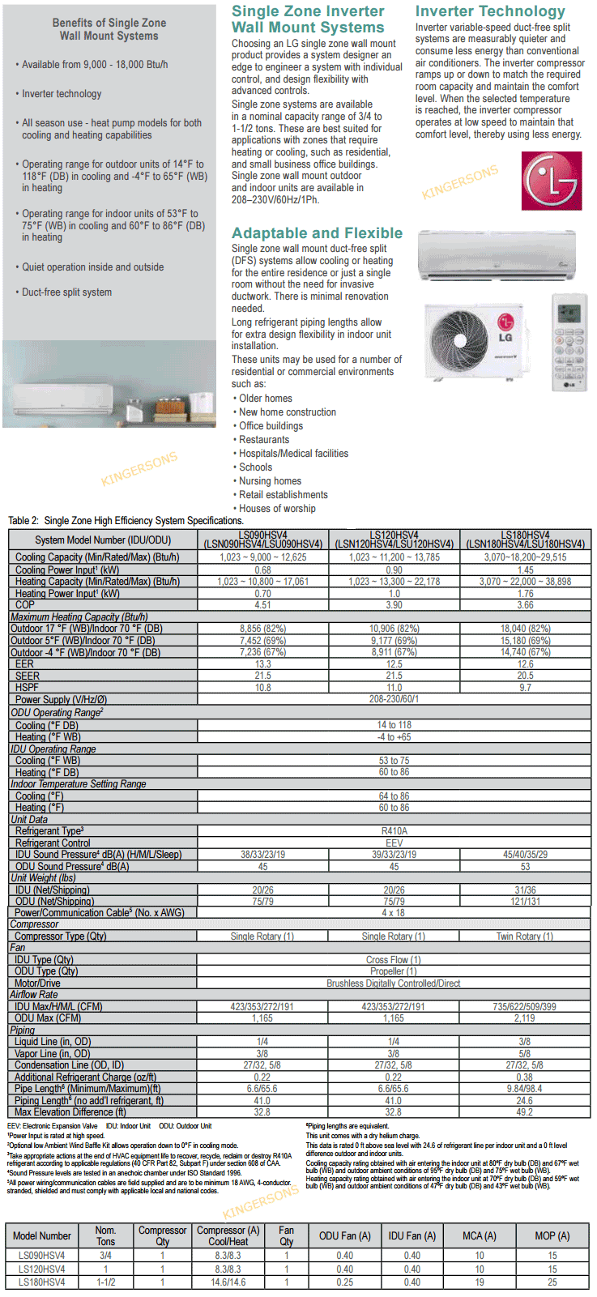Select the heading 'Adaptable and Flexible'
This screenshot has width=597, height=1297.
[x=317, y=233]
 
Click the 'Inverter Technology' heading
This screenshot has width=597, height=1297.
[x=490, y=11]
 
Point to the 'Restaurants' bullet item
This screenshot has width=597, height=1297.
[x=263, y=440]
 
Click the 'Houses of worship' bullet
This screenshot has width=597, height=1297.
[x=277, y=509]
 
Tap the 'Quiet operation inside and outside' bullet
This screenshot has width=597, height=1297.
[x=92, y=267]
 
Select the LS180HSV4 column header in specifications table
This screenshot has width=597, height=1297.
[x=525, y=540]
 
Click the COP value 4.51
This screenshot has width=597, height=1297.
[x=262, y=605]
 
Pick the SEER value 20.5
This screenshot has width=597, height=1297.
[x=525, y=676]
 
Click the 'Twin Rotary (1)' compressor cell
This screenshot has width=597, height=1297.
[x=525, y=936]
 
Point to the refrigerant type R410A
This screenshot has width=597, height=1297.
[x=394, y=831]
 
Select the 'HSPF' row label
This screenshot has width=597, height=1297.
[x=27, y=688]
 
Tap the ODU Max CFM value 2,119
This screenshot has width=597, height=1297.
[x=525, y=1018]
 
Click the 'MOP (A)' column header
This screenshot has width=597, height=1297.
[x=552, y=1235]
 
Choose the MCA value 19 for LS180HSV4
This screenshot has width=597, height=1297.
[x=480, y=1282]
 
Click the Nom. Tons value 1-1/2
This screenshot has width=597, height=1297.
[x=105, y=1282]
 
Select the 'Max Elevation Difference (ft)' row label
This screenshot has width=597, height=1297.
[x=70, y=1112]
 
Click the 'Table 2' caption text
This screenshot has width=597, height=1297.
[x=126, y=521]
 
